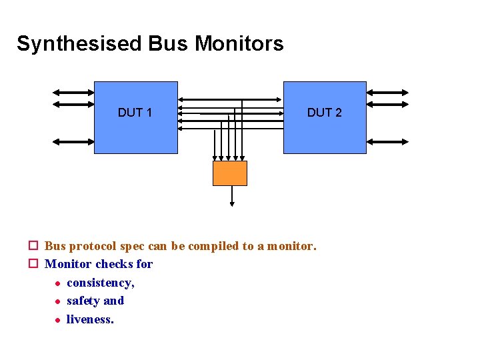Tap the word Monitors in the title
239,44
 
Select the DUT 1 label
135,113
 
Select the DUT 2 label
324,113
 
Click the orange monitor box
230,173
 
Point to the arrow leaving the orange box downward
232,197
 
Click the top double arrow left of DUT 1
73,93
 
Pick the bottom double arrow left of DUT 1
73,141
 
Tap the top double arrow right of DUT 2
387,93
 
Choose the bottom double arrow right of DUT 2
387,141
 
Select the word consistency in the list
100,283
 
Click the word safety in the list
83,301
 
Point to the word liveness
90,319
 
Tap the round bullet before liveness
57,320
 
